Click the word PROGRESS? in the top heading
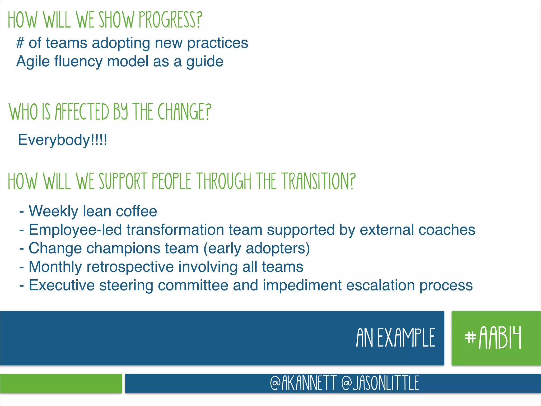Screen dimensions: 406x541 pos(170,20)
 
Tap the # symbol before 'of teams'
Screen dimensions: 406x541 pos(20,43)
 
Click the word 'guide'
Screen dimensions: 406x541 pos(205,62)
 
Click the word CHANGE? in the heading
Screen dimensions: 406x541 pos(184,112)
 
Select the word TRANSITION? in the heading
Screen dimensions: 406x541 pos(318,181)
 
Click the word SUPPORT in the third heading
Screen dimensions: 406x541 pos(123,181)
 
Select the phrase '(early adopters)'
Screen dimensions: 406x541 pos(256,248)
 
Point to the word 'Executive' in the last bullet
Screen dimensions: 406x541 pos(62,285)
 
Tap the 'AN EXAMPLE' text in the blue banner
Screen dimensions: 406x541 pos(395,338)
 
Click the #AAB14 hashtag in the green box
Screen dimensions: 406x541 pos(493,338)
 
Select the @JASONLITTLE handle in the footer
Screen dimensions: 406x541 pos(380,383)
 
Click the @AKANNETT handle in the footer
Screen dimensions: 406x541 pos(303,383)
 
